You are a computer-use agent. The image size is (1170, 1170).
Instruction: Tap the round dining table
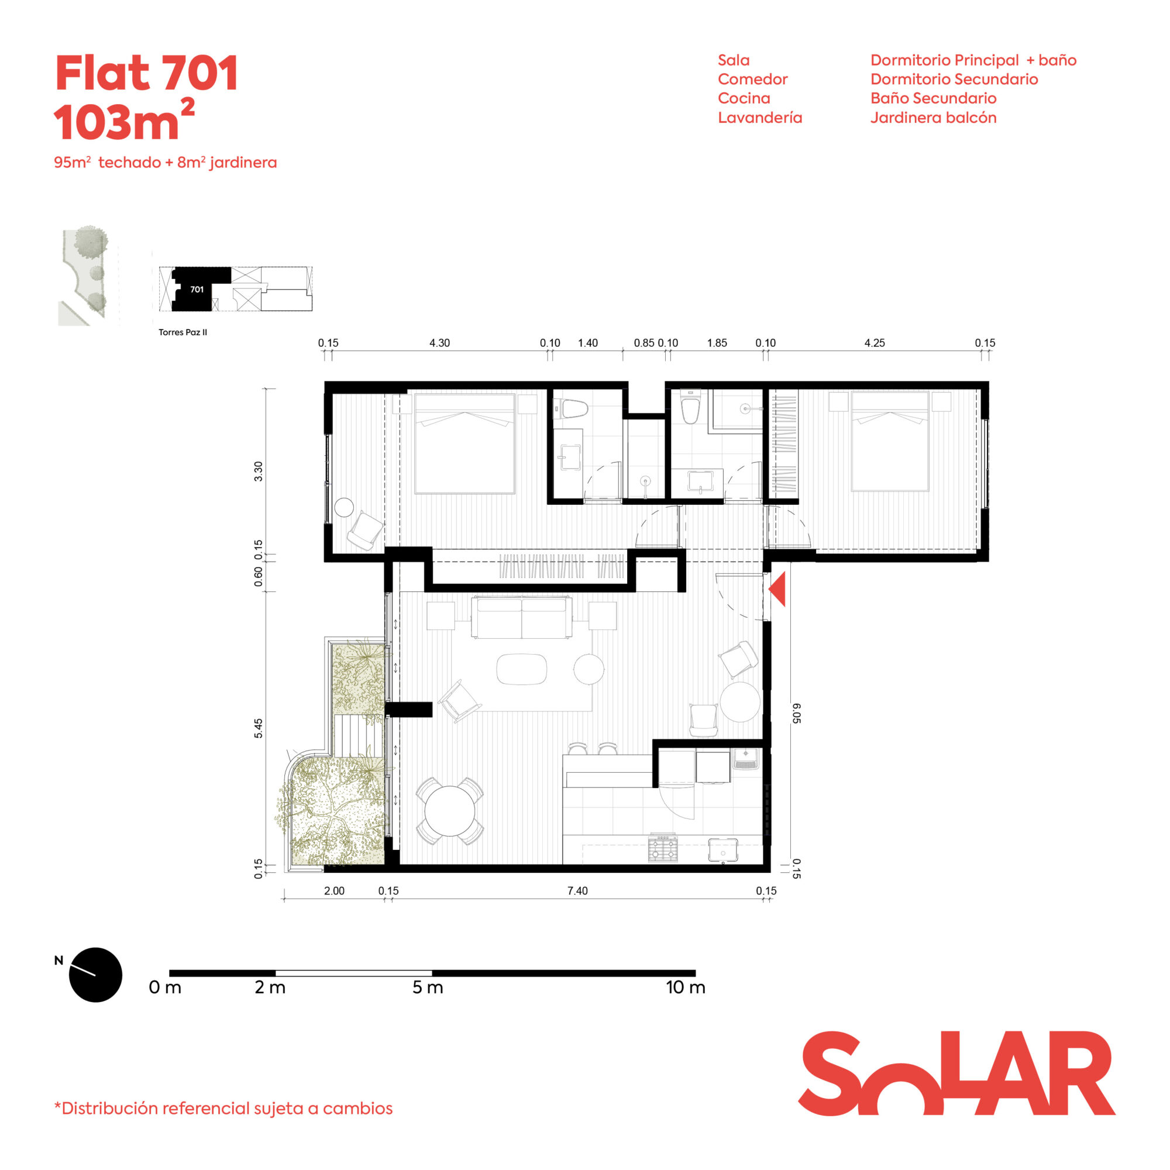tap(450, 810)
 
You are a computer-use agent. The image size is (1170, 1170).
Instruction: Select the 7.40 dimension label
tap(577, 891)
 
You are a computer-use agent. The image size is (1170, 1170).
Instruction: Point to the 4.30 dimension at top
tap(440, 343)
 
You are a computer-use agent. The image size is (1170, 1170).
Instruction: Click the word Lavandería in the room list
tap(760, 118)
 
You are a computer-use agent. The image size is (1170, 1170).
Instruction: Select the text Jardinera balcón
tap(933, 118)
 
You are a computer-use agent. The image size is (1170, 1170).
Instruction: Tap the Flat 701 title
tap(147, 73)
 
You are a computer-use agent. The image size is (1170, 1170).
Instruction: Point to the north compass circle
tap(96, 975)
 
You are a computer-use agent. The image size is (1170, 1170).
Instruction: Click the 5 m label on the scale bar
tap(428, 987)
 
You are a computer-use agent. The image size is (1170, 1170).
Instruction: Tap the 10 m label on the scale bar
tap(686, 987)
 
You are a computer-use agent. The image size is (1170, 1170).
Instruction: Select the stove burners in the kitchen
tap(663, 848)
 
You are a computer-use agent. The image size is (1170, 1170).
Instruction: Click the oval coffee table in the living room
tap(521, 669)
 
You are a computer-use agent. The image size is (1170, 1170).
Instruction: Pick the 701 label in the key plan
tap(197, 290)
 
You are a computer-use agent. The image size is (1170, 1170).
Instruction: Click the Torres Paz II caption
tap(183, 332)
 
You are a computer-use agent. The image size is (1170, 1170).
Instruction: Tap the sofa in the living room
tap(521, 617)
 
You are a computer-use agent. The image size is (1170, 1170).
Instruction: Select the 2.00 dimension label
tap(333, 891)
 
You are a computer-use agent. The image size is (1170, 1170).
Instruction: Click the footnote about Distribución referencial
tap(223, 1108)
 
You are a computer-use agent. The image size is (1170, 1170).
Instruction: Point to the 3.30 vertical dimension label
tap(259, 471)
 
